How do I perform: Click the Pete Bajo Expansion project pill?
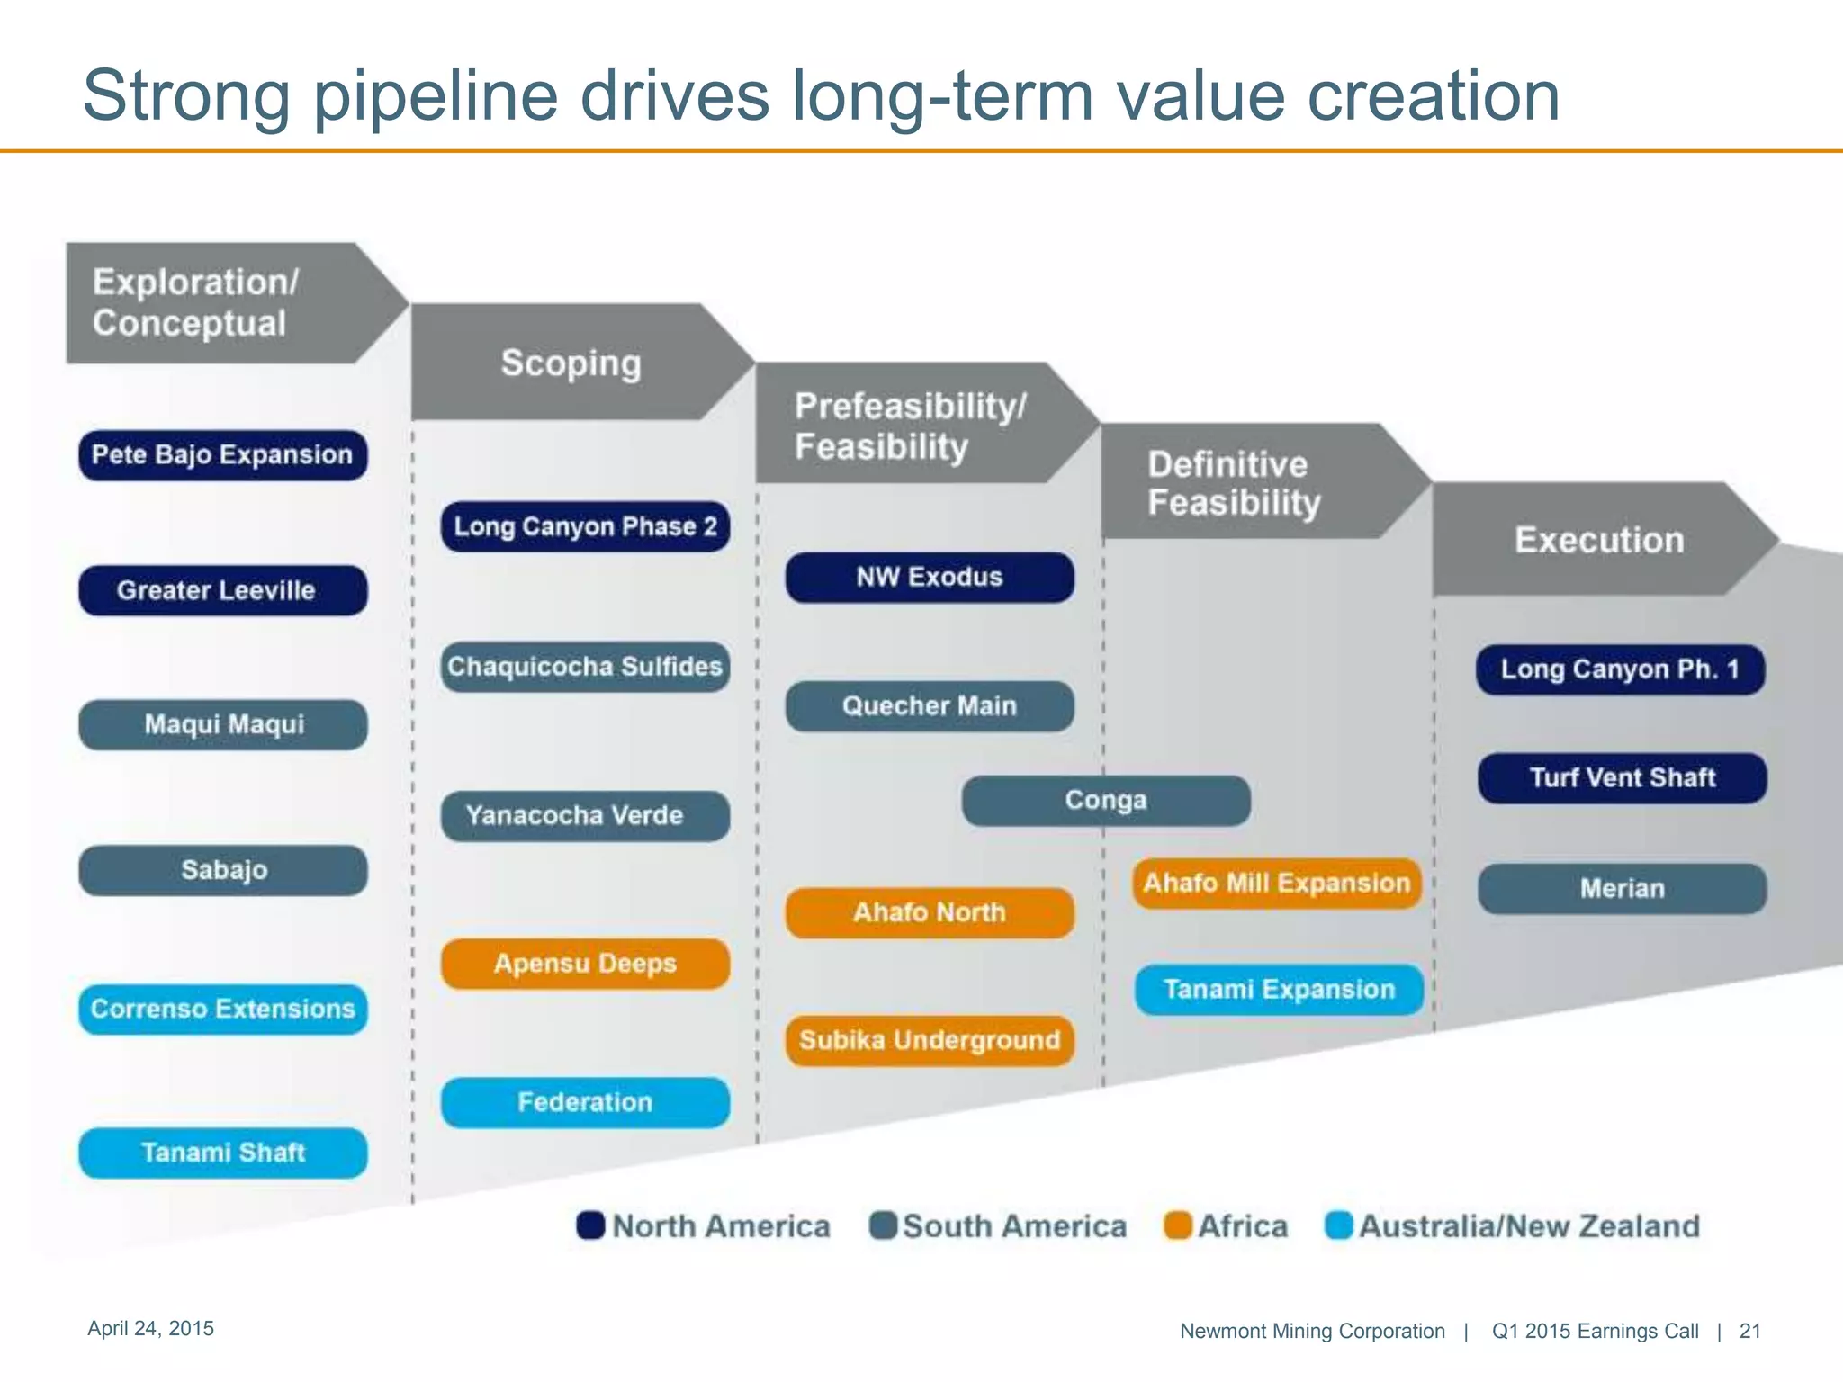[222, 455]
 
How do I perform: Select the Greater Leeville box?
[222, 590]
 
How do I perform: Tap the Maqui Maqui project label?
[222, 725]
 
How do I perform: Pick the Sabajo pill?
[222, 870]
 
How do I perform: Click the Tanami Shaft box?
[222, 1153]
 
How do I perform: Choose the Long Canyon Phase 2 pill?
[585, 526]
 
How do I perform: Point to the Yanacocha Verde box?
[585, 816]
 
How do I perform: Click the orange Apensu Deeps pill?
[585, 964]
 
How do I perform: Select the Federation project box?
[585, 1102]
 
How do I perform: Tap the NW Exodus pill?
[930, 577]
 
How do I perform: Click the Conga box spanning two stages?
[1106, 801]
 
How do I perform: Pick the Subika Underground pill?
[930, 1041]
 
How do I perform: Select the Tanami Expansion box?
[1279, 990]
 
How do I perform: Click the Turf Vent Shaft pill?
[1622, 778]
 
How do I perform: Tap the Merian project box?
[1622, 889]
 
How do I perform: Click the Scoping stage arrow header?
[571, 363]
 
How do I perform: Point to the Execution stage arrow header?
[1598, 540]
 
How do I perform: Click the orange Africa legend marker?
[1178, 1225]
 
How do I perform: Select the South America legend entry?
[999, 1225]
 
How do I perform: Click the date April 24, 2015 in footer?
[150, 1329]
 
